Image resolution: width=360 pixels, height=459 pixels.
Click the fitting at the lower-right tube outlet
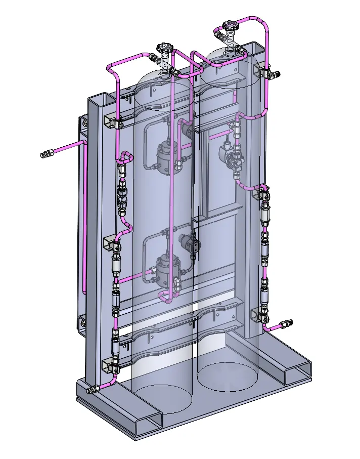(x=287, y=323)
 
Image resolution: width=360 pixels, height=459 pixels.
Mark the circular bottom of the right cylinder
(x=228, y=374)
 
